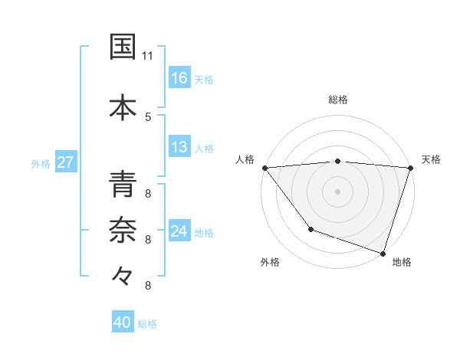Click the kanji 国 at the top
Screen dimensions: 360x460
coord(123,47)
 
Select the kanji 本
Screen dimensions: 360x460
coord(123,106)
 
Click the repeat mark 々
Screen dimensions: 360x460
coord(123,275)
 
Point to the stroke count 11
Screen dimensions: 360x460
coord(148,57)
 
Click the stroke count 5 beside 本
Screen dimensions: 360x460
coord(148,116)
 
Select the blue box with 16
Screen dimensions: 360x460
coord(179,77)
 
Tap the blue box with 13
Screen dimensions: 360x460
coord(179,147)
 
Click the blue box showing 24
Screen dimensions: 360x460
coord(179,231)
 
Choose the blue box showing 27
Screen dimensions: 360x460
coord(65,162)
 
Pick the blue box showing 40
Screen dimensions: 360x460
coord(123,322)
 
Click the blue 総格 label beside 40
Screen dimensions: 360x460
coord(147,324)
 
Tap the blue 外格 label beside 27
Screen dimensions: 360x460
coord(41,163)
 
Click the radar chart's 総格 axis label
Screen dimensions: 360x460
coord(338,100)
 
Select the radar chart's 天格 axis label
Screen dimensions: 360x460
coord(432,159)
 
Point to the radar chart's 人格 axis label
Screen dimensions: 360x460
coord(245,159)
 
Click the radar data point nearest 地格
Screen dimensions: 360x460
coord(383,253)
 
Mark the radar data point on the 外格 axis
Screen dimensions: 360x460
coord(310,229)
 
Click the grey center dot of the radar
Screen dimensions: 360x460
coord(338,191)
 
